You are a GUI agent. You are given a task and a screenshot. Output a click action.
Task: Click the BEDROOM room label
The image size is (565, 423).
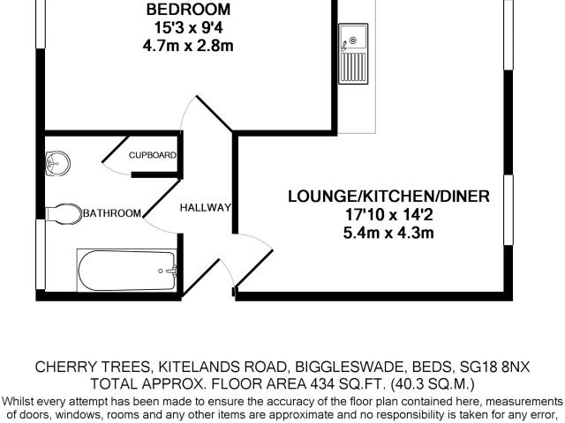(x=188, y=10)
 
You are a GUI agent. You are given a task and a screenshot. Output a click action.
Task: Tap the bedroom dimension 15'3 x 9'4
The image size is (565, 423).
(x=188, y=27)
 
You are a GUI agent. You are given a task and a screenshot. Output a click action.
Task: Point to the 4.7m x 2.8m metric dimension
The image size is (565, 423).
(x=188, y=46)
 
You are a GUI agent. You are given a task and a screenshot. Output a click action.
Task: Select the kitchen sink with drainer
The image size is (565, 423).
(x=353, y=54)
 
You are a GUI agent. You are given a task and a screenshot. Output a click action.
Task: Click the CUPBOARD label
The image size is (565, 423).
(x=153, y=155)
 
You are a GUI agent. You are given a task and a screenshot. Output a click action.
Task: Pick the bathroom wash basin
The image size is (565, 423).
(x=57, y=164)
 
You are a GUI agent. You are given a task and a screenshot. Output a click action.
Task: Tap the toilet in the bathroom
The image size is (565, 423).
(x=64, y=213)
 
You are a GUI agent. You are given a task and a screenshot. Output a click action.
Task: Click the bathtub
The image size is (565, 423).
(x=127, y=270)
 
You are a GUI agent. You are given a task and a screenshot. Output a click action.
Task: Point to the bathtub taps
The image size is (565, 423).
(x=169, y=271)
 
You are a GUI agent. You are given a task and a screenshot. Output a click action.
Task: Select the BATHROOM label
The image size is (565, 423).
(x=112, y=213)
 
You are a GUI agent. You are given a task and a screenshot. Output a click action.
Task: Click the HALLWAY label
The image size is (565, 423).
(x=206, y=208)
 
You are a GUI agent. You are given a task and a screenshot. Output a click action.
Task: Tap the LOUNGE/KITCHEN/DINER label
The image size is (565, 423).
(x=388, y=197)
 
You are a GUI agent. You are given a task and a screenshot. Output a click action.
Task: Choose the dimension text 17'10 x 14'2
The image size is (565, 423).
(x=389, y=215)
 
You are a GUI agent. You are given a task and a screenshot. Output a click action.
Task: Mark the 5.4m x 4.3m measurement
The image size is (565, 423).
(x=388, y=233)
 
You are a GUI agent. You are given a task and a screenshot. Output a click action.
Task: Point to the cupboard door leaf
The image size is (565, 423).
(x=116, y=149)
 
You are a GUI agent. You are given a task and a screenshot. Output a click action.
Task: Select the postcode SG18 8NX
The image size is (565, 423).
(x=495, y=367)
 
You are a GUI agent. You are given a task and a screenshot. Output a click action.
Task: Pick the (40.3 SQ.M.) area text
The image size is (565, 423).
(x=433, y=384)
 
